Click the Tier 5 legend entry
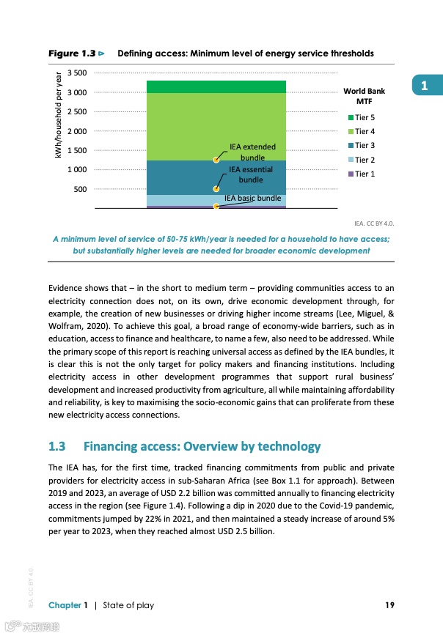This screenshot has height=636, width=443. [365, 117]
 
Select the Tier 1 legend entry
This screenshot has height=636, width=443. [365, 174]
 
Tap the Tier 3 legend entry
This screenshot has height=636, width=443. [365, 146]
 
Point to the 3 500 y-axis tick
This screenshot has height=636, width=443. [77, 73]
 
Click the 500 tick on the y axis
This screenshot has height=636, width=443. [81, 190]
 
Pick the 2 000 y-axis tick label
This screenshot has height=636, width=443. [77, 131]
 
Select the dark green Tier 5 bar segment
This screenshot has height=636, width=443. [216, 86]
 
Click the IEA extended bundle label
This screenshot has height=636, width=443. [252, 152]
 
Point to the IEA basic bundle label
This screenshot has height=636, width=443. [252, 198]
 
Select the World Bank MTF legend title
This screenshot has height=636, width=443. [364, 96]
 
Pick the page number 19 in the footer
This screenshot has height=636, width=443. [390, 604]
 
